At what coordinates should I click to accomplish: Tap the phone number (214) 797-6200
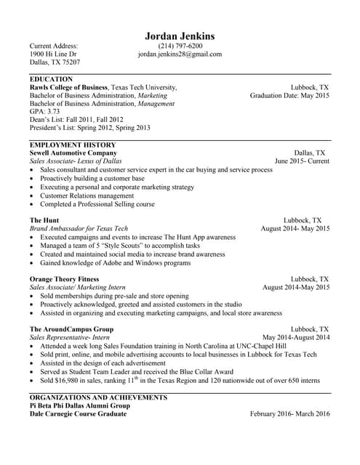tap(180, 46)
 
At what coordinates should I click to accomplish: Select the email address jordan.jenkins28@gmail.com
tap(180, 54)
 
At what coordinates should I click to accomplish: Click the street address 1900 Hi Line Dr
tap(52, 54)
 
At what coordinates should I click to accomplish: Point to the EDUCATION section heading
tap(51, 78)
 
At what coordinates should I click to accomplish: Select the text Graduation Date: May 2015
tap(289, 95)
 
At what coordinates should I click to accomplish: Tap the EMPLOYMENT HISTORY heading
tap(72, 145)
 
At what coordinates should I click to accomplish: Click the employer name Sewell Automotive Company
tap(73, 153)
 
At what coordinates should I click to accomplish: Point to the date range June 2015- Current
tap(302, 161)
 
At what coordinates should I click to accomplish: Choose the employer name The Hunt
tap(44, 219)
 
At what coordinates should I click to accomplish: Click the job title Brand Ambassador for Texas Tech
tap(79, 228)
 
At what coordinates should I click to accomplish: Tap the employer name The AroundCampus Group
tap(71, 329)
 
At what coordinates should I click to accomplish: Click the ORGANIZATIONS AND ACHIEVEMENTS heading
tap(98, 397)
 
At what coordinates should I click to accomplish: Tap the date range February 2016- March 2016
tap(289, 414)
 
